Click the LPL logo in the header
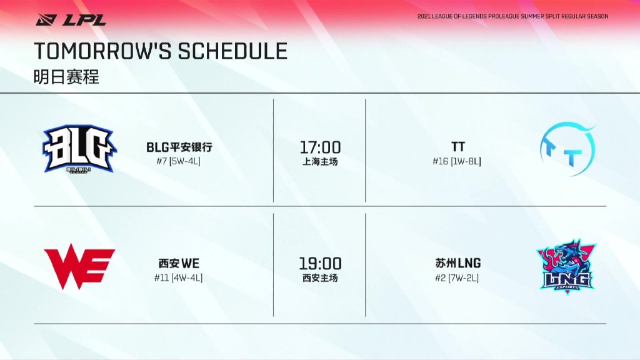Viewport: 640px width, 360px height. [71, 19]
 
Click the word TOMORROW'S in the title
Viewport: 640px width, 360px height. [104, 51]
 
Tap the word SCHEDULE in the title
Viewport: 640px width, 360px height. [232, 51]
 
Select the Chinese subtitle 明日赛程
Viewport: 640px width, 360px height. [66, 77]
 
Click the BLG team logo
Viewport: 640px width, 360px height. [79, 149]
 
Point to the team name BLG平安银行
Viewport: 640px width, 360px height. [179, 147]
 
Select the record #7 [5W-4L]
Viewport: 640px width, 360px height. [178, 161]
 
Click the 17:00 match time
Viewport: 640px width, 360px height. [321, 147]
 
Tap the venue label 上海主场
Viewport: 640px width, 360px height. [320, 162]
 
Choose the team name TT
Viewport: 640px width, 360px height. [458, 146]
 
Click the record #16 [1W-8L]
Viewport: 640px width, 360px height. [457, 161]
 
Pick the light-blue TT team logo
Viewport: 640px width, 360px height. [567, 149]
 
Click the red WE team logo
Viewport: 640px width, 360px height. [79, 266]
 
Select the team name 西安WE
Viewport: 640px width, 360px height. [179, 263]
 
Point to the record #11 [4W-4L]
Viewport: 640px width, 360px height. [178, 278]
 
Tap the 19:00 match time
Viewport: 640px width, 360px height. [321, 264]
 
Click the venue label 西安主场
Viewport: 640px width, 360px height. [320, 278]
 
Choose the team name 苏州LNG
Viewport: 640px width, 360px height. [458, 263]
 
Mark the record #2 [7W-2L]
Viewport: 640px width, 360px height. [457, 278]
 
